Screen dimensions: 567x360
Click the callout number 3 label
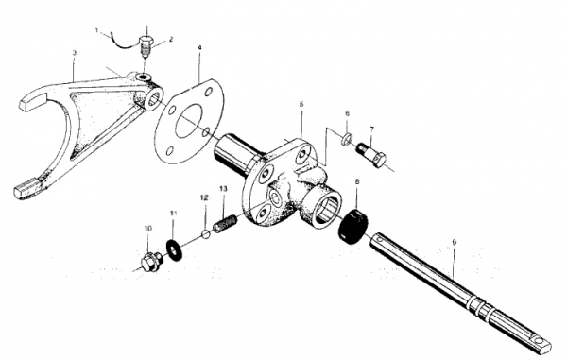tap(75, 53)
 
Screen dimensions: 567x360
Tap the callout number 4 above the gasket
tap(199, 47)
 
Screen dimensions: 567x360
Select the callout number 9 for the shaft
tap(455, 243)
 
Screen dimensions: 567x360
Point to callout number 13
tap(223, 189)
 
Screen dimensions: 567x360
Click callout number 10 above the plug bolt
tap(148, 229)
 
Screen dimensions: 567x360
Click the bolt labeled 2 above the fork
tap(146, 46)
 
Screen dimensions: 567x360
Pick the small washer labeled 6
tap(347, 139)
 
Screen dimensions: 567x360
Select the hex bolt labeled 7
tap(371, 155)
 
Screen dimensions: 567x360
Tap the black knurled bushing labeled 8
tap(352, 226)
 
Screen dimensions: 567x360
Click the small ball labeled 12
tap(206, 233)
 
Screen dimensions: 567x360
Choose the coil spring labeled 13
tap(225, 224)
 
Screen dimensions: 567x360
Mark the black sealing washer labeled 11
tap(174, 249)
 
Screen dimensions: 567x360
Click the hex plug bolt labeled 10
tap(149, 263)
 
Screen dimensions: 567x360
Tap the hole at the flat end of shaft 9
tap(541, 341)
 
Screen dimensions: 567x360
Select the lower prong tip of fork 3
tap(26, 188)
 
